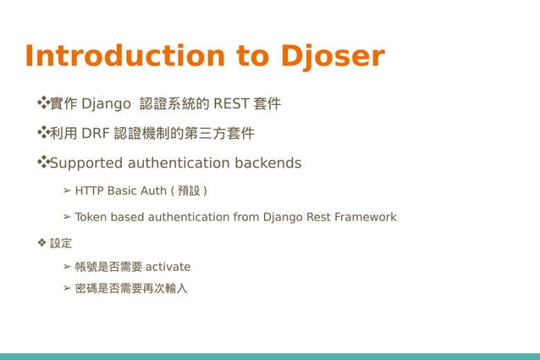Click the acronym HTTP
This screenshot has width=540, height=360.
pos(91,191)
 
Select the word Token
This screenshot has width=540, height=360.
pos(91,218)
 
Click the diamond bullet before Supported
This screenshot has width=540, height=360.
pos(41,161)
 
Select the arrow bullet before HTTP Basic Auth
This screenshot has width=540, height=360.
pos(67,191)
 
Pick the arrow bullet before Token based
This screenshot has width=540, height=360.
pos(67,218)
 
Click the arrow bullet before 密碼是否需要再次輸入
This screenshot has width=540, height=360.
pos(67,289)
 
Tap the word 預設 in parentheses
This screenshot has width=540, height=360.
pos(189,191)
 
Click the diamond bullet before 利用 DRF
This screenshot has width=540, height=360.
pos(41,132)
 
